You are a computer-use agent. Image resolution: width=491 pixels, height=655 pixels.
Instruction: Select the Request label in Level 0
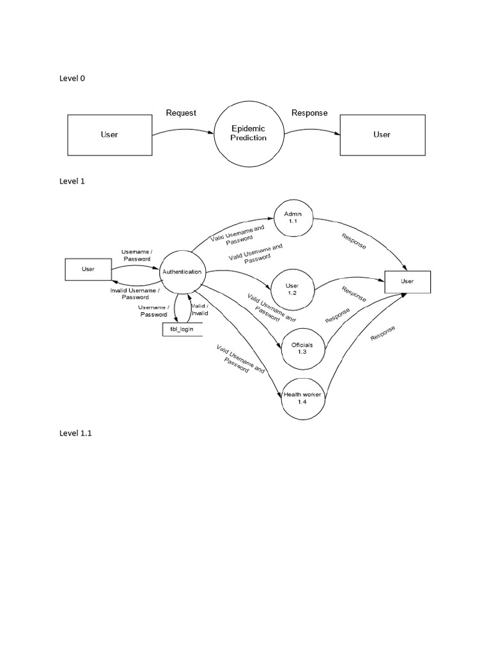tap(181, 113)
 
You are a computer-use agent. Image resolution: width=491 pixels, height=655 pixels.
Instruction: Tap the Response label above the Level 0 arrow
tap(309, 113)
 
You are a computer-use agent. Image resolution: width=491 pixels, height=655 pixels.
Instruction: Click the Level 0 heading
tap(72, 78)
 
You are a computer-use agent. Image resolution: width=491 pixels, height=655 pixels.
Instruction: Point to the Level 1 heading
tap(72, 181)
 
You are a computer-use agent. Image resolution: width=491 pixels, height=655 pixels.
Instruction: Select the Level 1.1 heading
tap(75, 433)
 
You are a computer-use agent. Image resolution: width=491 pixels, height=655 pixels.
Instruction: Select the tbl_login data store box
tap(182, 329)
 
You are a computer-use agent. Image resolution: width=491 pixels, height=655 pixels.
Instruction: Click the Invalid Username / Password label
tap(135, 294)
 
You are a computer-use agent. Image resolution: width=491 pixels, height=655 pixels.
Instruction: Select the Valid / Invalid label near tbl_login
tap(200, 310)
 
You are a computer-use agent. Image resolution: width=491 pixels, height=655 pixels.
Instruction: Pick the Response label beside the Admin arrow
tap(354, 241)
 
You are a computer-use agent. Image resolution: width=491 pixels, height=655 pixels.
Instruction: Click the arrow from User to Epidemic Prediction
tap(183, 130)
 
